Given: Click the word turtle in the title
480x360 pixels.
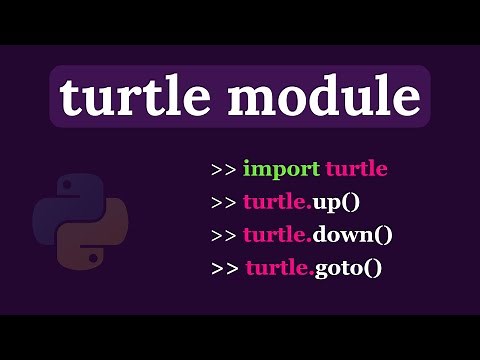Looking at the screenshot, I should click(x=136, y=98).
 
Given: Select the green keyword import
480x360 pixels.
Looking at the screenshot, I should click(x=282, y=169).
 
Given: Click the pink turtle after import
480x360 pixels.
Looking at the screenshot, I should click(x=356, y=169).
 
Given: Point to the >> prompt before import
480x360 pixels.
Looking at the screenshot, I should click(x=223, y=169).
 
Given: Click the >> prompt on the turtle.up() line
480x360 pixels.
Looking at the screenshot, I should click(x=223, y=202).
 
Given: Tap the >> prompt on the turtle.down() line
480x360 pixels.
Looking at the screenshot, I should click(x=223, y=236).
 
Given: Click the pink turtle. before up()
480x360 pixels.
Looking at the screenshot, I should click(x=275, y=202).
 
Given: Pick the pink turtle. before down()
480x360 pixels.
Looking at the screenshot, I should click(x=275, y=236).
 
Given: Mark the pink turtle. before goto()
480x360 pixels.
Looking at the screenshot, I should click(x=278, y=269).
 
